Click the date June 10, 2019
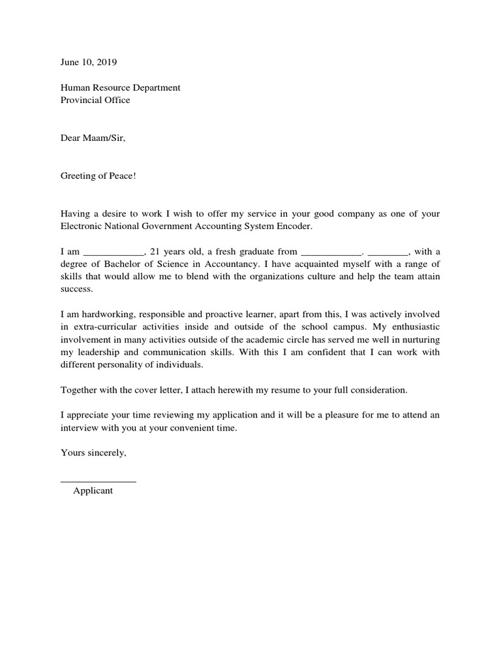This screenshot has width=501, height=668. [x=89, y=63]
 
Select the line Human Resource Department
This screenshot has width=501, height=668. [x=121, y=87]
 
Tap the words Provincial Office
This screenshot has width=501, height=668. [x=95, y=100]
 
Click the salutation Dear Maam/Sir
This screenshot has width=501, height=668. [x=92, y=138]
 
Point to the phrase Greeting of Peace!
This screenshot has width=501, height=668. [x=99, y=175]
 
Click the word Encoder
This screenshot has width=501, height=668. [x=295, y=226]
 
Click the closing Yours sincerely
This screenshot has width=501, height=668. [x=93, y=453]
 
